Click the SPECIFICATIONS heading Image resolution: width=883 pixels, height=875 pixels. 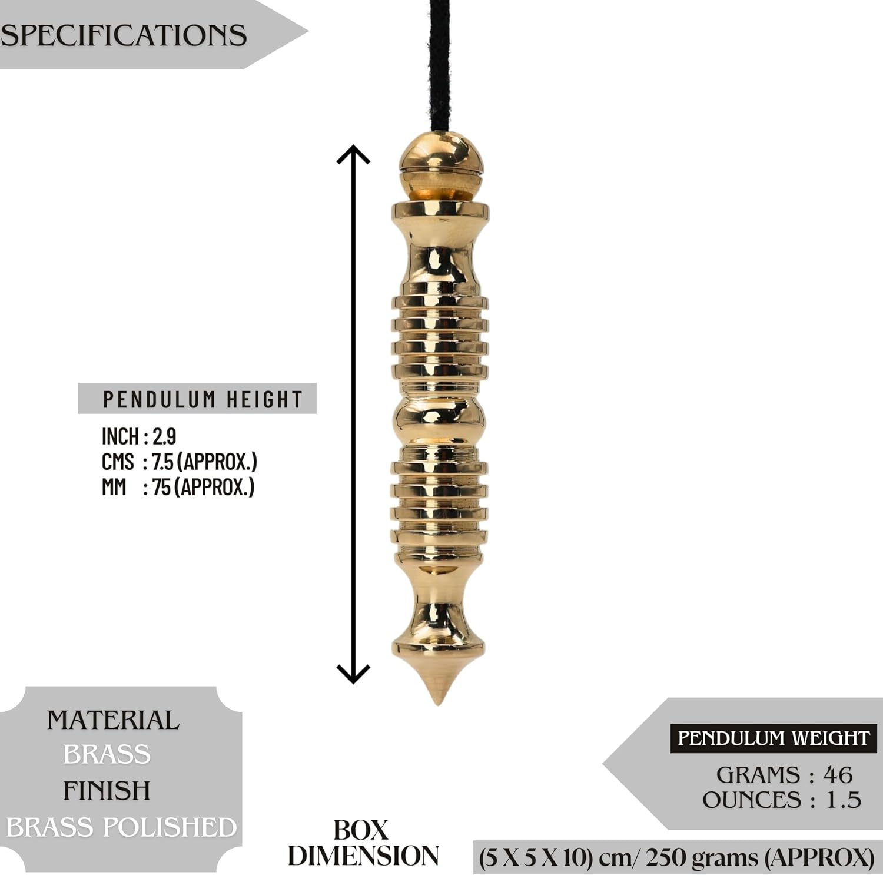123,35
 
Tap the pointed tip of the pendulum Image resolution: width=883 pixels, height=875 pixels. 438,703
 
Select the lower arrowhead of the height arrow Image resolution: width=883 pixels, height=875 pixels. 353,674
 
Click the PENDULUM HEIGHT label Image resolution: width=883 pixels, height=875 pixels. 203,399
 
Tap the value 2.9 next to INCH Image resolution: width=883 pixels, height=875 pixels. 164,436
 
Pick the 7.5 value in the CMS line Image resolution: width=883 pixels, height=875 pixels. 162,462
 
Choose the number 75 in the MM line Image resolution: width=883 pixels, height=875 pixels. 161,487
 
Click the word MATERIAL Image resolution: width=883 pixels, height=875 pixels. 114,720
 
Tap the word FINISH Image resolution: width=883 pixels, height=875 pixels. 107,791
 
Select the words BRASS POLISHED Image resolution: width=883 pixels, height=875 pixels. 121,827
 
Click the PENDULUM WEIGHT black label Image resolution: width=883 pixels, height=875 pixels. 774,738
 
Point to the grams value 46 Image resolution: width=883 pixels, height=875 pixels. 838,775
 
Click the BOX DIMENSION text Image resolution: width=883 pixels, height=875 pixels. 363,843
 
